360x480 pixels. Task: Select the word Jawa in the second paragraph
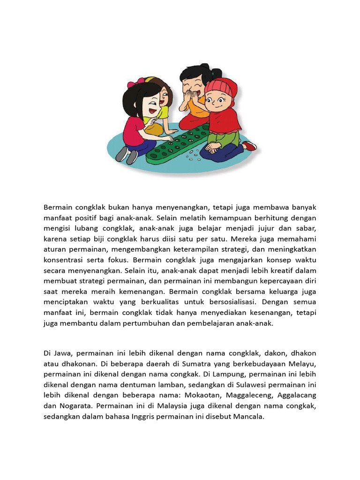63,353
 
